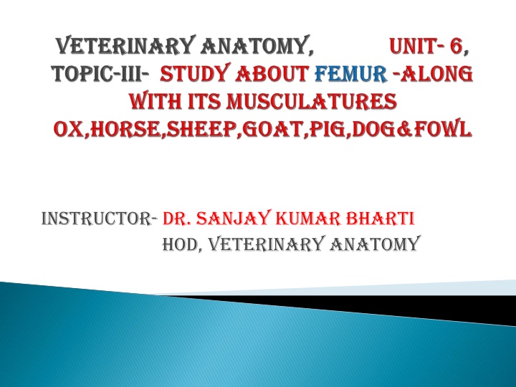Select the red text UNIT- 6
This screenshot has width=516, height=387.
[x=429, y=48]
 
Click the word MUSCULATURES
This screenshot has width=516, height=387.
[x=314, y=102]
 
